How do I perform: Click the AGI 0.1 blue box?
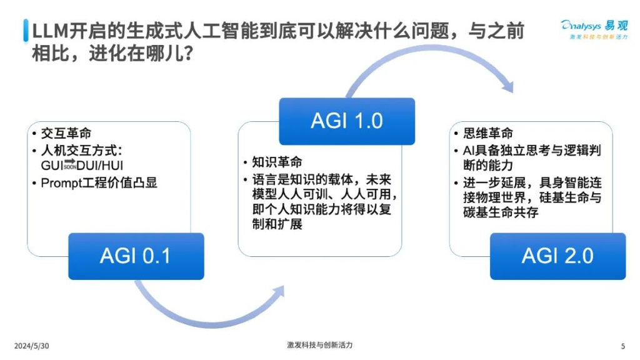click(136, 256)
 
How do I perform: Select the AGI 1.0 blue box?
click(346, 121)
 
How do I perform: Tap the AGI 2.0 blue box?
click(557, 256)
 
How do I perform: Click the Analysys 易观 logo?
click(594, 26)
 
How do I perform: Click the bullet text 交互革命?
click(66, 133)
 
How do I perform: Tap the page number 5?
click(622, 346)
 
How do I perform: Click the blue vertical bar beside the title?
click(26, 30)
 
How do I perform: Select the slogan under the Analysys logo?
click(597, 39)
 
